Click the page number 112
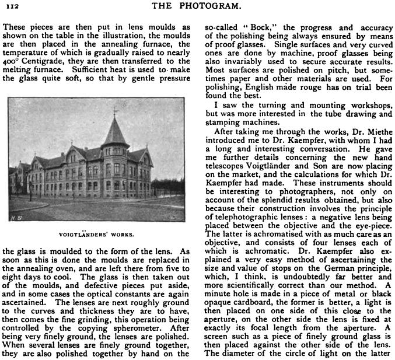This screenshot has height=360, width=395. click(x=11, y=6)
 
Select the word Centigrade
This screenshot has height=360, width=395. click(x=43, y=61)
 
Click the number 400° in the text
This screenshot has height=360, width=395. click(x=11, y=61)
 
